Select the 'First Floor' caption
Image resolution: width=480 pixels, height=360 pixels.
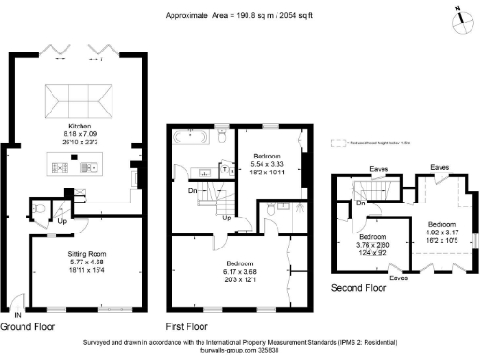(x=186, y=327)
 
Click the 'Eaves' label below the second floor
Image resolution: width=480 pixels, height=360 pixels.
(x=398, y=278)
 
